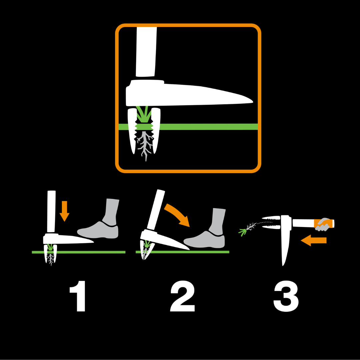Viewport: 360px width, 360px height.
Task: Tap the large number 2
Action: [183, 296]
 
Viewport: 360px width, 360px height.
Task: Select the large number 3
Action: [286, 296]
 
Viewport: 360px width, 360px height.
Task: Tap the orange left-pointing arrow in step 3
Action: [313, 240]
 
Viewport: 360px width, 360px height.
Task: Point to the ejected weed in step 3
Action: [247, 229]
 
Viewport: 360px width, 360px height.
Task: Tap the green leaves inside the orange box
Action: [144, 114]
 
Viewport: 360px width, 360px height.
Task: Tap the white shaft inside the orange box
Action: [146, 52]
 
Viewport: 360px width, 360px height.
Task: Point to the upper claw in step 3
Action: [271, 218]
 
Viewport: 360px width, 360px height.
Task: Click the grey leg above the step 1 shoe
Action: [111, 212]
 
